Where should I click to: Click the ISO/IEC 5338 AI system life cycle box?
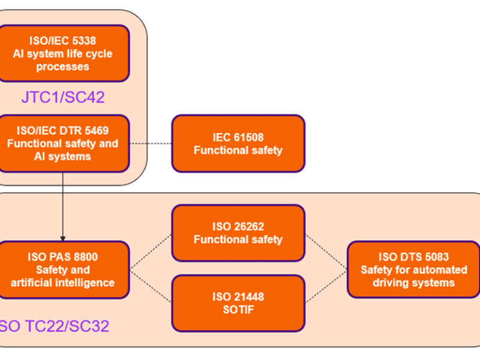[63, 53]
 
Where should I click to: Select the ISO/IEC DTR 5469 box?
[63, 143]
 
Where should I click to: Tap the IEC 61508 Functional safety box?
[238, 143]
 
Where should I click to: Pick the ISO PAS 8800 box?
[63, 269]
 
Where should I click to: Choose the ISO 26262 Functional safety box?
[238, 233]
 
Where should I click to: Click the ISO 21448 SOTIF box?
[238, 303]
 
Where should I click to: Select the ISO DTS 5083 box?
[413, 269]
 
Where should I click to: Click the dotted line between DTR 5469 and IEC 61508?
[151, 143]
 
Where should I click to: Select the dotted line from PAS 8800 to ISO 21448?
[151, 286]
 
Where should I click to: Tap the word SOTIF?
[238, 310]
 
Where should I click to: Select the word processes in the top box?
[63, 66]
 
